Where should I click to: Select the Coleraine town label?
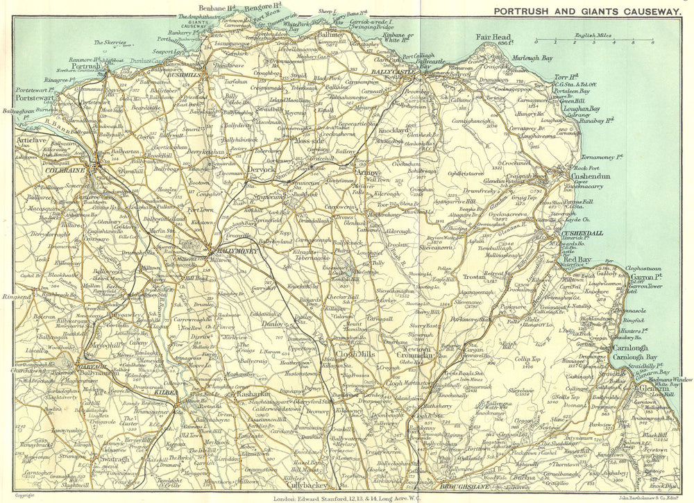[63, 168]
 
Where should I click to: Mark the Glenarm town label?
[652, 388]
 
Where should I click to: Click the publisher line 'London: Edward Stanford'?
[347, 497]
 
